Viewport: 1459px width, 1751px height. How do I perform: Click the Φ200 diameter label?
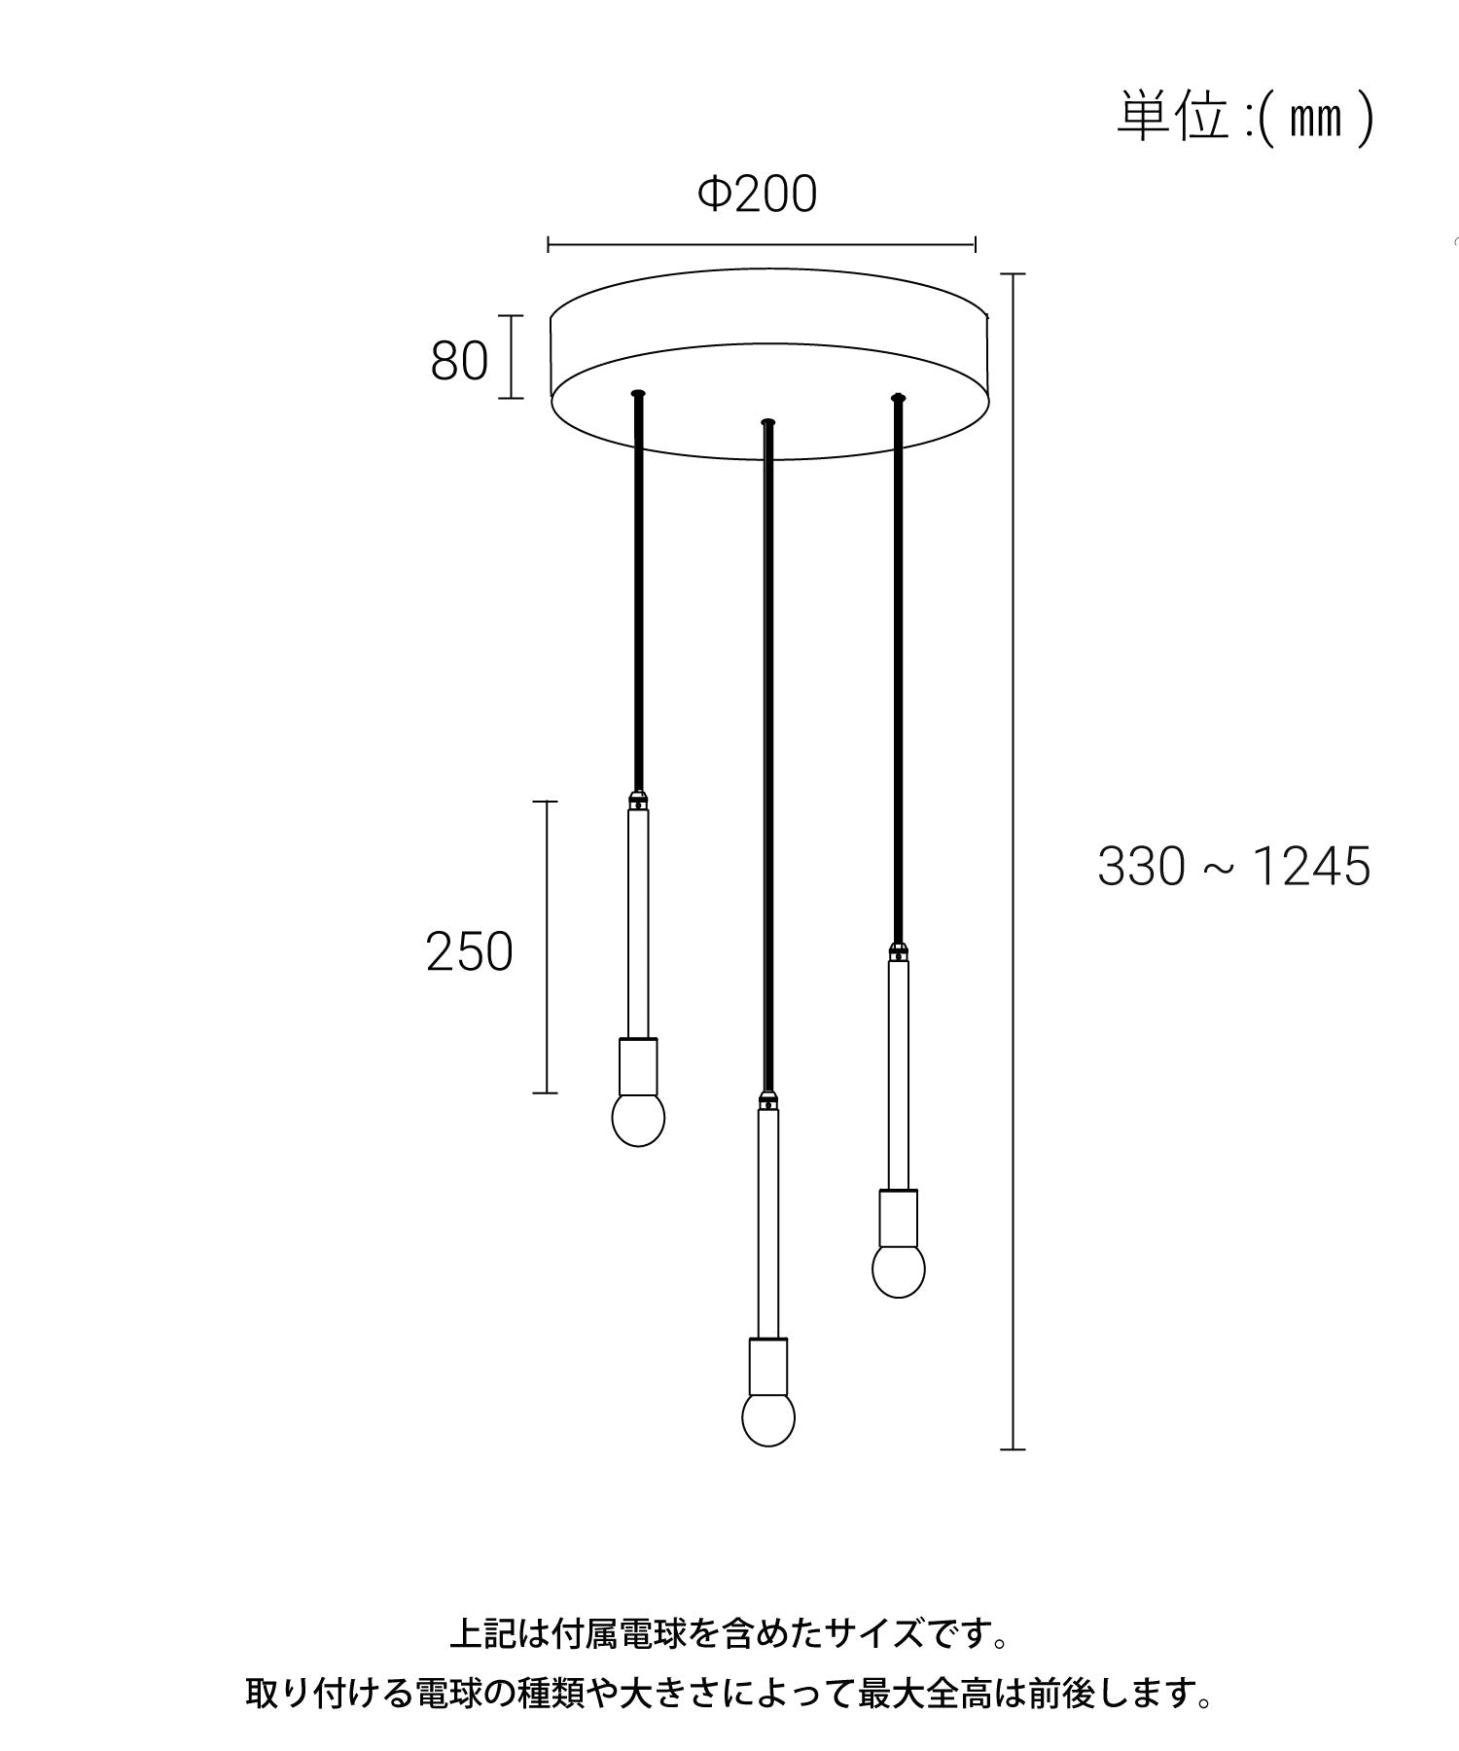(758, 195)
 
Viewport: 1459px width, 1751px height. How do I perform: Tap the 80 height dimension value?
(459, 362)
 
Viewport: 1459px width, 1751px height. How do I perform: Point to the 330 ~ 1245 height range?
(1233, 866)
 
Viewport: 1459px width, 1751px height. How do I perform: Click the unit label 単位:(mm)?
(1244, 118)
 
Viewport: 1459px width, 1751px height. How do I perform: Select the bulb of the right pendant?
(898, 1269)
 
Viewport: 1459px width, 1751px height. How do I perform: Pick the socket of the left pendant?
(638, 1065)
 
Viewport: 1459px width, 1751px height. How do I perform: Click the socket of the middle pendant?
(767, 1366)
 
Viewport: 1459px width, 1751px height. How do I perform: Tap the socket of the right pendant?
(898, 1216)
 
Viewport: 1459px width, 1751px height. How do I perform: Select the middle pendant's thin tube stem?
(767, 1226)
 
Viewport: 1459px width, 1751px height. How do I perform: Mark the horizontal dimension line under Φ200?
(762, 244)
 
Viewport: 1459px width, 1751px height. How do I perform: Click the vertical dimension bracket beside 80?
(512, 356)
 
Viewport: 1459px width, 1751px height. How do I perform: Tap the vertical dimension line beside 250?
(546, 947)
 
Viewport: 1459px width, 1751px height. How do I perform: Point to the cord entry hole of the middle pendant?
(767, 422)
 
